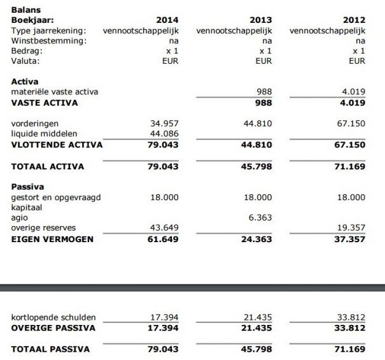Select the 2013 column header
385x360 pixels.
point(261,20)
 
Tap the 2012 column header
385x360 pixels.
point(354,20)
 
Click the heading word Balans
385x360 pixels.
point(24,10)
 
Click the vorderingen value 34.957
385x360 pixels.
point(164,123)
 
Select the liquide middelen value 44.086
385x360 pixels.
point(164,133)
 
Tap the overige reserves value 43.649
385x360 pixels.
point(164,227)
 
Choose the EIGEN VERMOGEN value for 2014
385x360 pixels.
point(163,239)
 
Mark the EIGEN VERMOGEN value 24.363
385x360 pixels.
point(256,239)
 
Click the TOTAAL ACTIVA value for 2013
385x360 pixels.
point(256,166)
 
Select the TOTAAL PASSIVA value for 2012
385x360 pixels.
point(349,349)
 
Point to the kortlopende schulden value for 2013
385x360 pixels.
point(258,317)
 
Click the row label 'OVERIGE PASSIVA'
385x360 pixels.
point(53,328)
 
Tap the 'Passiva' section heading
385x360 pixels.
point(27,187)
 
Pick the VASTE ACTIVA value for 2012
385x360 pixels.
point(352,103)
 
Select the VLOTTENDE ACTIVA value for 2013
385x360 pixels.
point(256,145)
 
